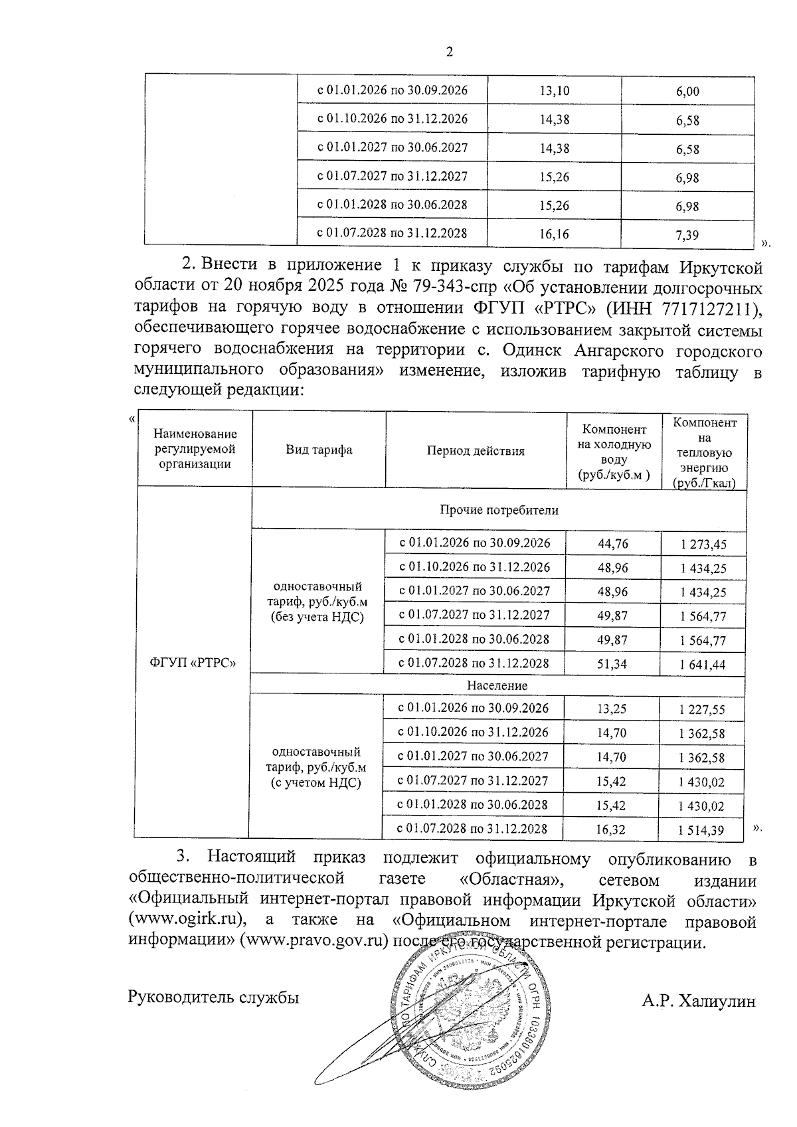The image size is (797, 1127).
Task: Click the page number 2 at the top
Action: (x=450, y=52)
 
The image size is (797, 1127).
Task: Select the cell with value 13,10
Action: (x=555, y=90)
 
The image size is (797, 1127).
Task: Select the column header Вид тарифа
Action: (x=319, y=450)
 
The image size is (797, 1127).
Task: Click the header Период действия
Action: (x=476, y=451)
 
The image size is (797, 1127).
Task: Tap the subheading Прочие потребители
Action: (x=499, y=510)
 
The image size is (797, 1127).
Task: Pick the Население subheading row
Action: (x=497, y=685)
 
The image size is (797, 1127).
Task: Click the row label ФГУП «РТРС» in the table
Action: (x=193, y=663)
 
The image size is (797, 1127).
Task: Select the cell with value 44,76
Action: (x=612, y=544)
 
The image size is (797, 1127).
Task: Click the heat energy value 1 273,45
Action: (x=703, y=545)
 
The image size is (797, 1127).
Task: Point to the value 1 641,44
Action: (x=703, y=664)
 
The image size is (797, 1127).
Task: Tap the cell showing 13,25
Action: (x=612, y=709)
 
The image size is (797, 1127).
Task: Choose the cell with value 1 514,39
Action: (x=701, y=829)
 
